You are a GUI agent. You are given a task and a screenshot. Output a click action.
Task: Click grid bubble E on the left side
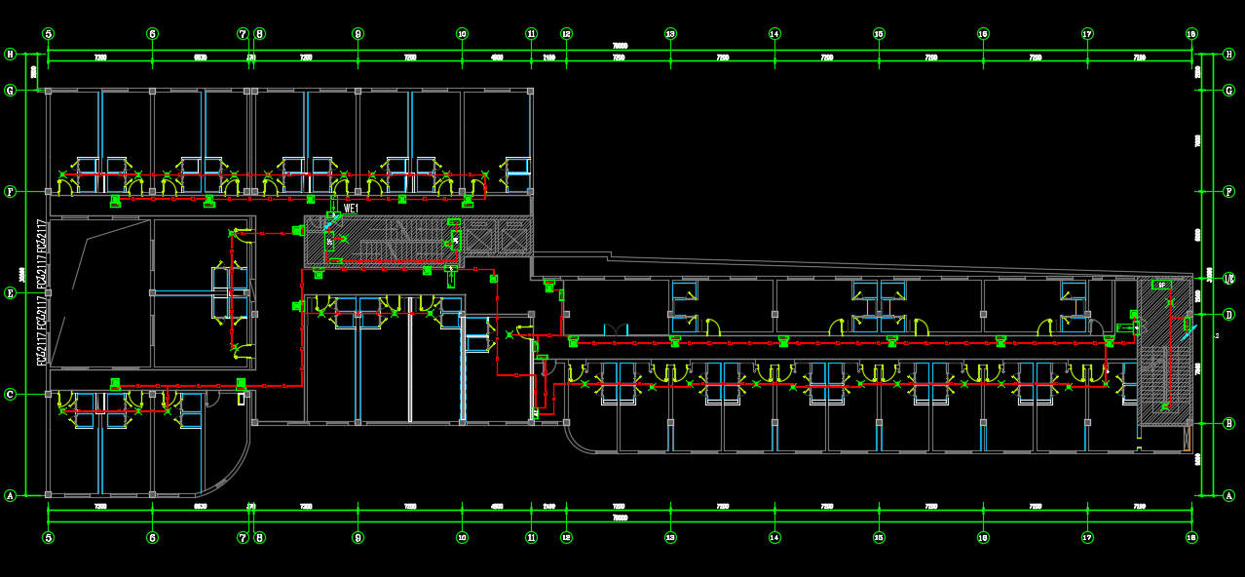pos(11,292)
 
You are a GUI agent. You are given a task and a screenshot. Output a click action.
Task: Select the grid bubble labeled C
pos(11,394)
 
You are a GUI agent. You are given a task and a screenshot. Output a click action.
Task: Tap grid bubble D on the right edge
pos(1228,314)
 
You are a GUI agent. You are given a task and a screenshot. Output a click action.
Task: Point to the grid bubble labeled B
pos(1228,423)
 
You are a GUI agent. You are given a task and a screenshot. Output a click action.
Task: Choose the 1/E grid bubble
pos(1228,278)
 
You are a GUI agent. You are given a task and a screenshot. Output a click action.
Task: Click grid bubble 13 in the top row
pos(670,34)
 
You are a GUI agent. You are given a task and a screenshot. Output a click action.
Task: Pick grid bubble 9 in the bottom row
pos(358,537)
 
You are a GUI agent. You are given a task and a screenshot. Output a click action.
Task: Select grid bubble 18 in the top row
pos(1191,34)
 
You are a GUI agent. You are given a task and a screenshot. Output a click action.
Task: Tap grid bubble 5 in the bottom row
pos(49,537)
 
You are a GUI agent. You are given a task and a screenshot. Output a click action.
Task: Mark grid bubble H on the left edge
pos(11,54)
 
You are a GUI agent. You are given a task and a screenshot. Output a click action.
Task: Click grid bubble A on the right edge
pos(1228,495)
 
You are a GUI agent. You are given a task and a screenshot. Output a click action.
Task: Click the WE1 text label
pos(352,208)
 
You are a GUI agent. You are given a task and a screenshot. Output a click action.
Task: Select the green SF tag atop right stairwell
pos(1161,284)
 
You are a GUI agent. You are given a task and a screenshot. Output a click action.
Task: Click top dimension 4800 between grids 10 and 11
pos(497,58)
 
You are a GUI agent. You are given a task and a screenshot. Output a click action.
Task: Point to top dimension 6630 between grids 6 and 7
pos(201,58)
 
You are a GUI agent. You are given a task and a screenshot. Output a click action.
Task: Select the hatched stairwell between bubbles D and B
pos(1164,361)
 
